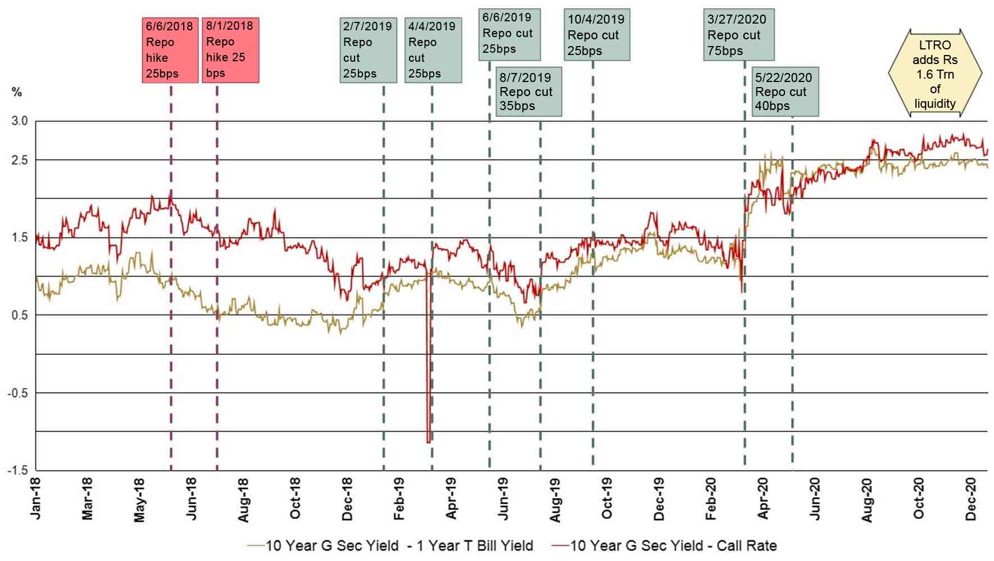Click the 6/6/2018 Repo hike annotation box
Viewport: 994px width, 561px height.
point(170,50)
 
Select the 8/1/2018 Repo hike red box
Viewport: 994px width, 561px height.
point(230,49)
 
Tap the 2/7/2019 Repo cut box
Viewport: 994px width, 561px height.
point(368,50)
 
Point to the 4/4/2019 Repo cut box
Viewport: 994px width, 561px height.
point(433,50)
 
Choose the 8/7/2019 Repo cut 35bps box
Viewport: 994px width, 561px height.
point(528,92)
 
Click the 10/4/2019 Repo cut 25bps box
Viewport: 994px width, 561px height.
point(596,35)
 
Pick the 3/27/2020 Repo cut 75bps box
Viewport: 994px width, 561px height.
point(738,35)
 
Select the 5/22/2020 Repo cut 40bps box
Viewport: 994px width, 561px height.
point(785,92)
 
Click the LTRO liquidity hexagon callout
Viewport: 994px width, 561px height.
point(935,74)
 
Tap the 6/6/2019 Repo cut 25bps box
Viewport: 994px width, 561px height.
point(509,34)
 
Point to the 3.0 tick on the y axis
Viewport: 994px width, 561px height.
point(20,121)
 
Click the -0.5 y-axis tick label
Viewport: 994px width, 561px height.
point(17,393)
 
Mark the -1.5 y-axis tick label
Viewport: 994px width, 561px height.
point(17,471)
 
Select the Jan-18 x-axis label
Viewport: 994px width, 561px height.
point(37,499)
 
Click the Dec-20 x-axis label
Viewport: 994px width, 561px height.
point(971,499)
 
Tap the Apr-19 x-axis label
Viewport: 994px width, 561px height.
point(451,499)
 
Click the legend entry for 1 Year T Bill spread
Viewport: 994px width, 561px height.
point(391,545)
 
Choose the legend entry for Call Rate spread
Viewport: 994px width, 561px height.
point(664,545)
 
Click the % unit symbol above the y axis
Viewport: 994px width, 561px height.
point(17,92)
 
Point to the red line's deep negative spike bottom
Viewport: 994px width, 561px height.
point(429,442)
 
